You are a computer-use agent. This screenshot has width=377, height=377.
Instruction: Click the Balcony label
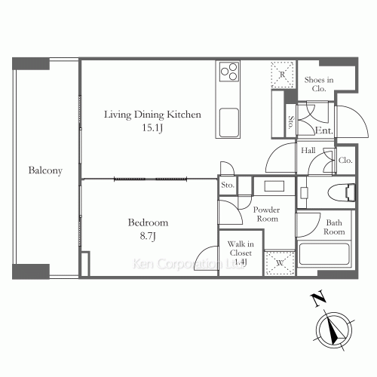(45, 170)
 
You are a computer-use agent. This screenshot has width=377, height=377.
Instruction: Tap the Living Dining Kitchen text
(152, 115)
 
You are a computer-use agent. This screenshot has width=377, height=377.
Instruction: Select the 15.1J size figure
(152, 129)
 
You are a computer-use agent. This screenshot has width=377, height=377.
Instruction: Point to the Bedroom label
(148, 223)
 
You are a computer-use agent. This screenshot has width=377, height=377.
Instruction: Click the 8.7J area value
(148, 237)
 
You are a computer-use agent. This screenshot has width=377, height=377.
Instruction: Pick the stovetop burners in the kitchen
(228, 72)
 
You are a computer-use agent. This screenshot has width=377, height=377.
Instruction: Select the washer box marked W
(279, 263)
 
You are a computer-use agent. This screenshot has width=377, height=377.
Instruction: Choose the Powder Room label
(266, 213)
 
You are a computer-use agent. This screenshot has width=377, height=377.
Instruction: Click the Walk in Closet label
(241, 253)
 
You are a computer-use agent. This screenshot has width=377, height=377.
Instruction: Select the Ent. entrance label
(324, 130)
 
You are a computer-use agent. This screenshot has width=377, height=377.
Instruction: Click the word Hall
(308, 151)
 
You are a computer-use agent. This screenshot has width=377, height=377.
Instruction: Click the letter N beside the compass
(317, 299)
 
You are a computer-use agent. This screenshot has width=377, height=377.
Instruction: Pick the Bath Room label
(333, 227)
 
